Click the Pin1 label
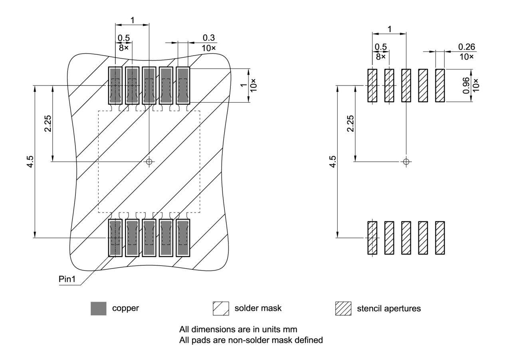(67, 279)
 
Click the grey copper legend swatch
(99, 308)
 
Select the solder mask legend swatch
(221, 308)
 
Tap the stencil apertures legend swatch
(343, 308)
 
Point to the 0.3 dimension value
(209, 38)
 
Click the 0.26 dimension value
(466, 47)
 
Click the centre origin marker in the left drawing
(149, 161)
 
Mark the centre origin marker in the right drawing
(406, 161)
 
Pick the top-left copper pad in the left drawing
(115, 85)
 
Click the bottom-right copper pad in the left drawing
(183, 238)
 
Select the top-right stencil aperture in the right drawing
(440, 85)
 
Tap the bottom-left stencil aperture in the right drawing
(372, 238)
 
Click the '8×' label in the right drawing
(381, 56)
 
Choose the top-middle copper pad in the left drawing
(149, 85)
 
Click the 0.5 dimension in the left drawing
(124, 38)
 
